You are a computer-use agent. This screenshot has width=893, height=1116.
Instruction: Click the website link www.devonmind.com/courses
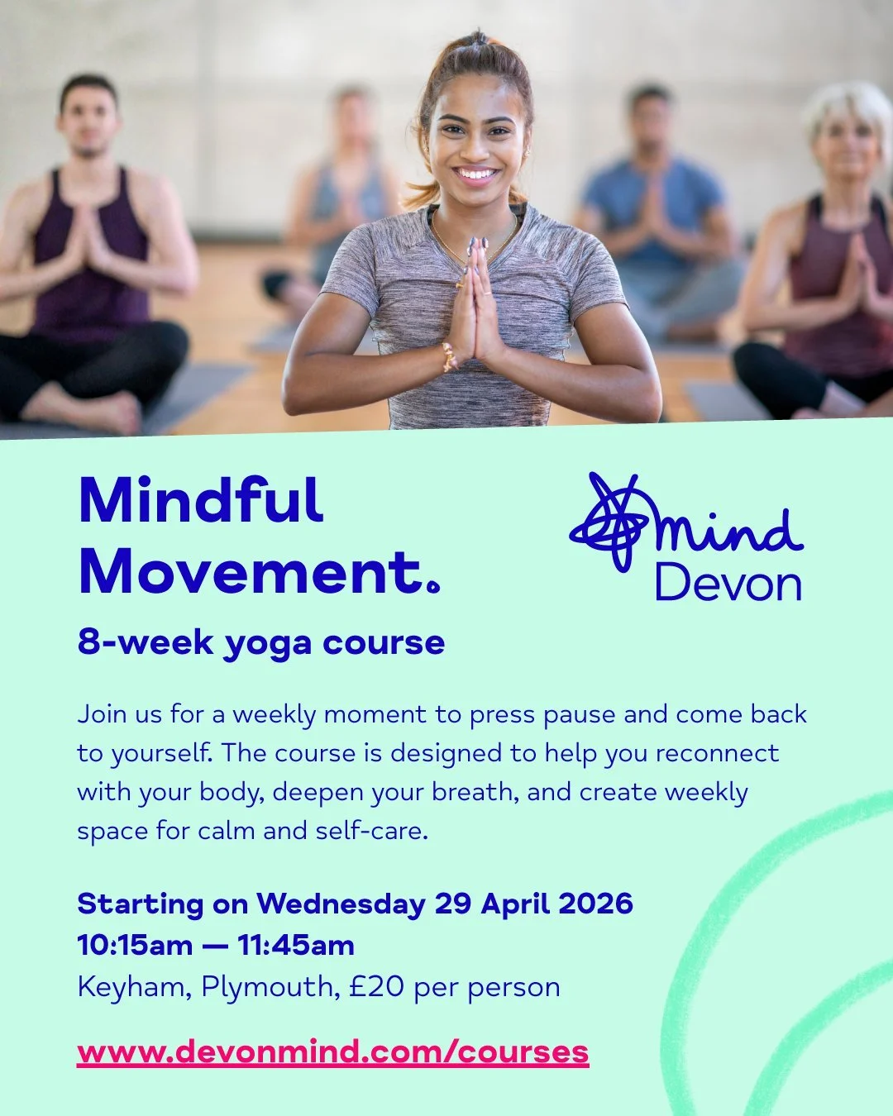click(332, 1052)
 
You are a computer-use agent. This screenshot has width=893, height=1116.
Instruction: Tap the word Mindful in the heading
click(200, 501)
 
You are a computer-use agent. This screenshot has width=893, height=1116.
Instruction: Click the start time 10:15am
click(135, 945)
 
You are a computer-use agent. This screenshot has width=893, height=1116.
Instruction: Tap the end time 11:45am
click(296, 945)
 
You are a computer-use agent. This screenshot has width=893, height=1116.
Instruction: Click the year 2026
click(595, 904)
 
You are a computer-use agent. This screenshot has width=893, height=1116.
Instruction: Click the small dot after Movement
click(433, 588)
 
